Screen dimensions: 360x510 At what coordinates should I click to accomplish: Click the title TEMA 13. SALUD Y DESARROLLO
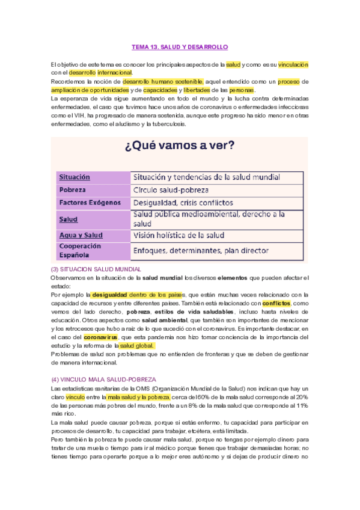point(180,46)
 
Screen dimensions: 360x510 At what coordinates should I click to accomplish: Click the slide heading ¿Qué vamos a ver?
point(179,146)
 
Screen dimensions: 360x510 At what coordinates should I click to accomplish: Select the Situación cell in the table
point(75,177)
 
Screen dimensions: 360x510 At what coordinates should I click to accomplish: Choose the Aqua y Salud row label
point(81,235)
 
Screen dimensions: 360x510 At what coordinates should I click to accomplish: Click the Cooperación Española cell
point(80,250)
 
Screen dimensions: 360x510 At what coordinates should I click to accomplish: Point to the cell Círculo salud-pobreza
point(174,190)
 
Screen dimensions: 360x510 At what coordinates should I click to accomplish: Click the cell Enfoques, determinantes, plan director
point(201,250)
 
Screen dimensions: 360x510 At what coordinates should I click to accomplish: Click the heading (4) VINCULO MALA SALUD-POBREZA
point(104,379)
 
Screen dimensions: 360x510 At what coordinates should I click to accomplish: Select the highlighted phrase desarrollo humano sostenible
point(163,81)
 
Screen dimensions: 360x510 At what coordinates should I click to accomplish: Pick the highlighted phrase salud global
point(137,346)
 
